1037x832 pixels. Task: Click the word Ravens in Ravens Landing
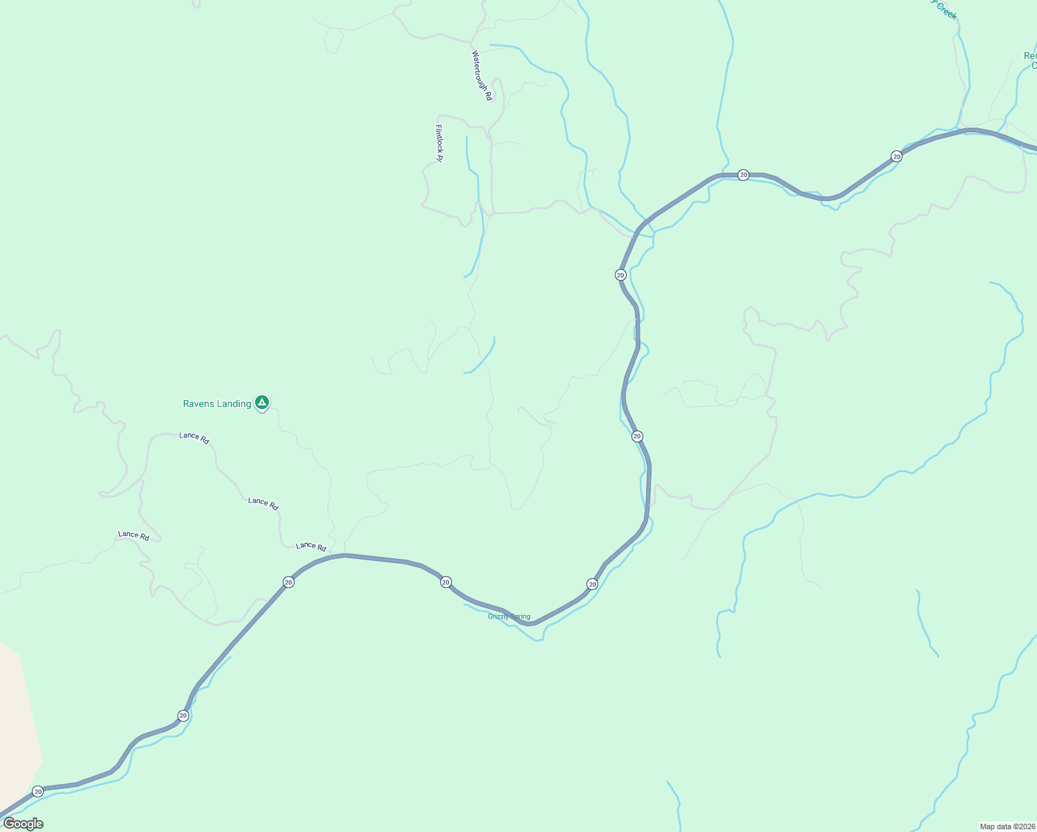click(198, 404)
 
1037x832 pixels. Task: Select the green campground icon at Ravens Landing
click(261, 402)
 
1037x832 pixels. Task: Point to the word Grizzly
click(498, 616)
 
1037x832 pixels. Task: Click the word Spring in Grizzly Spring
click(520, 616)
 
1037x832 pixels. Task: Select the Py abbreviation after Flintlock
click(439, 157)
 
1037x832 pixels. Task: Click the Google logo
click(23, 824)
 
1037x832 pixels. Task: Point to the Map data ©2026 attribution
click(1007, 826)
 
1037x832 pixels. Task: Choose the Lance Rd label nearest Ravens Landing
click(194, 437)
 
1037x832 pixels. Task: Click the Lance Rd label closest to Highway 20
click(311, 546)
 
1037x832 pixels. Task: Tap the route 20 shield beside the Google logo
click(38, 791)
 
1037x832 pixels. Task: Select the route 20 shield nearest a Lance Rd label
click(288, 582)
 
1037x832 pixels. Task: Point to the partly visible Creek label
click(945, 8)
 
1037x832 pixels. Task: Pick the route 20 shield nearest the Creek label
click(896, 157)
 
